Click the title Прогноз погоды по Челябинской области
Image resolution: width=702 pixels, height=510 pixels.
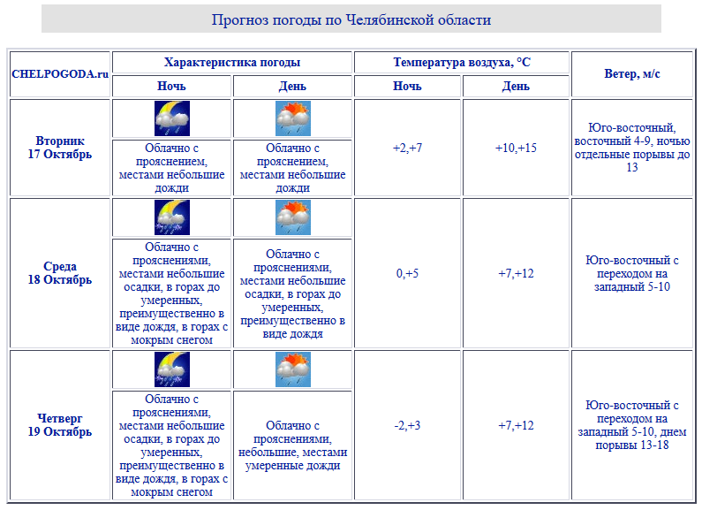351,19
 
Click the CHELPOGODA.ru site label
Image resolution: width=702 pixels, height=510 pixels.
60,74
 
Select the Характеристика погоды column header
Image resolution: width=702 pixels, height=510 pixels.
232,63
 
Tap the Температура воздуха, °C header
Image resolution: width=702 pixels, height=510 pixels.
462,63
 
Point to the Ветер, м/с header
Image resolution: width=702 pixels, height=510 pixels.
632,74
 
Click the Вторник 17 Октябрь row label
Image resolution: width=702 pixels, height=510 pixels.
60,148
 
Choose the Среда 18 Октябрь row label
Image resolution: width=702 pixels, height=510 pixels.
60,273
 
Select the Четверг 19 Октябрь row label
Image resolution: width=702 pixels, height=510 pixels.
60,425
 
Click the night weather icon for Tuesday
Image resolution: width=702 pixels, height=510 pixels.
172,118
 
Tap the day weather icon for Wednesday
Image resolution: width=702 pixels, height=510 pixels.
293,217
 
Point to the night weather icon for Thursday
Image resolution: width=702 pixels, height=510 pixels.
172,369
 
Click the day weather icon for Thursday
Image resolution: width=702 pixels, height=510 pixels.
293,369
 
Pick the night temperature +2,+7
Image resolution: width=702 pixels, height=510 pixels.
407,148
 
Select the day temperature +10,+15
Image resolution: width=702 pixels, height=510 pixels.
516,148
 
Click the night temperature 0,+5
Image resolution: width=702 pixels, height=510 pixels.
407,274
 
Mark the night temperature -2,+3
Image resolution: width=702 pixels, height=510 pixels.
407,426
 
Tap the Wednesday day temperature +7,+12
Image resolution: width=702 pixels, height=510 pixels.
516,274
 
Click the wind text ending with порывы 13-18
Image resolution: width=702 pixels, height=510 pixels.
632,426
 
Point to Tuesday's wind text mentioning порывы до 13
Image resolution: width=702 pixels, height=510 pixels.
632,148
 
